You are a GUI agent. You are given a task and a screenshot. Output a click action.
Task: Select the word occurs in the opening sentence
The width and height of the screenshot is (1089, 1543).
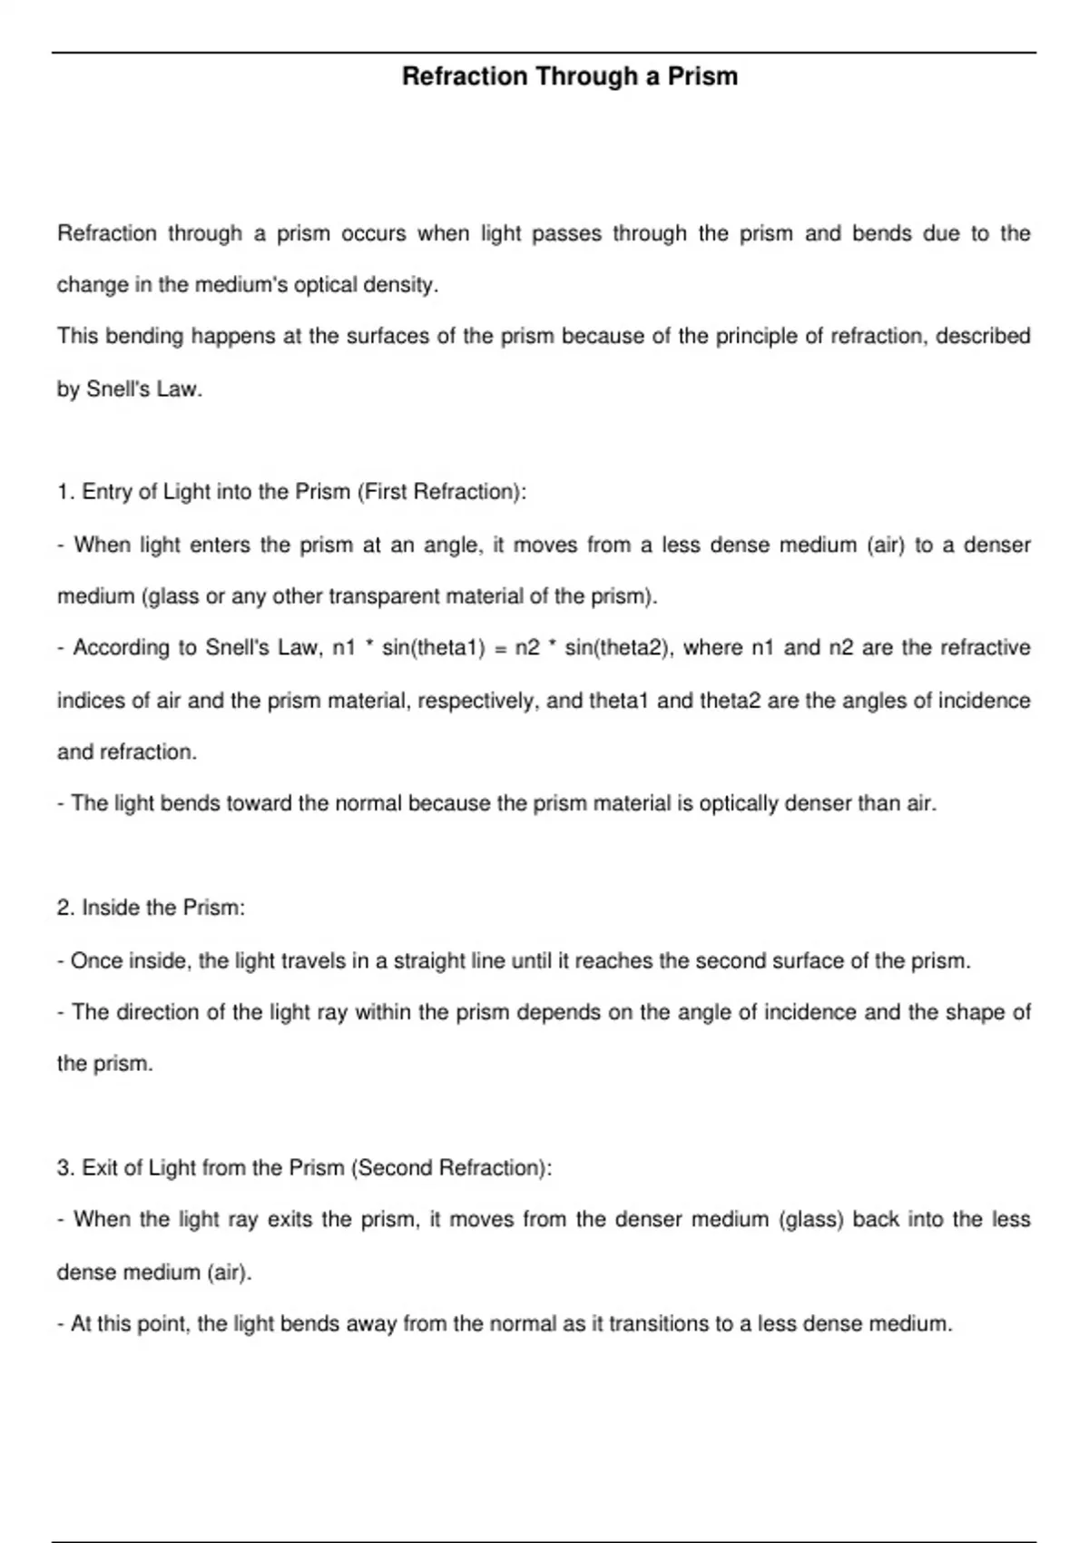click(373, 234)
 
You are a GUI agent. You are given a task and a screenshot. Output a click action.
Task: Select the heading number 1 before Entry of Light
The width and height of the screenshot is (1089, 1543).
click(64, 492)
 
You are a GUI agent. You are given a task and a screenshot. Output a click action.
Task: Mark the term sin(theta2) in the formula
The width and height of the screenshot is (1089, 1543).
click(617, 648)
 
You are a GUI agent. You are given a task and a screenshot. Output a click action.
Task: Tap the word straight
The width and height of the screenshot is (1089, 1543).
click(429, 960)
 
